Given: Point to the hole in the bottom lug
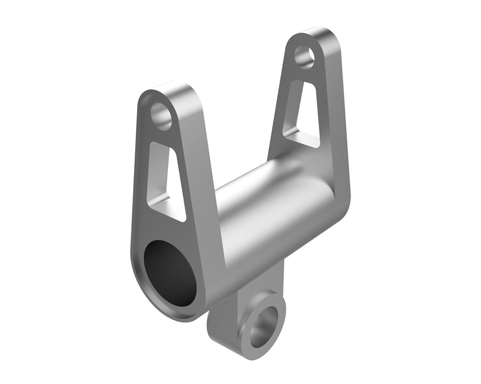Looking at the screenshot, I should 262,328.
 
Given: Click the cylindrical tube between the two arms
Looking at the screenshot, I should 264,202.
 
